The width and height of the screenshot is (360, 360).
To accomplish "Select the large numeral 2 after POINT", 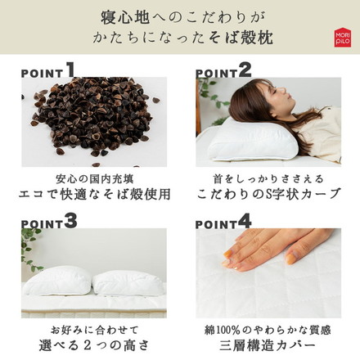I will (245, 70).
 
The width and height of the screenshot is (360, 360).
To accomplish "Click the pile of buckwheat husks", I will (90, 119).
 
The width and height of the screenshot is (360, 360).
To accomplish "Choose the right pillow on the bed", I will (127, 283).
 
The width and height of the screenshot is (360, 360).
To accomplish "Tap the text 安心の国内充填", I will (90, 178).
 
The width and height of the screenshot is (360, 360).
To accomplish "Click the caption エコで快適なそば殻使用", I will (90, 195).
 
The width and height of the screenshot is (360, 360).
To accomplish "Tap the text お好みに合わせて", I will (90, 329).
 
